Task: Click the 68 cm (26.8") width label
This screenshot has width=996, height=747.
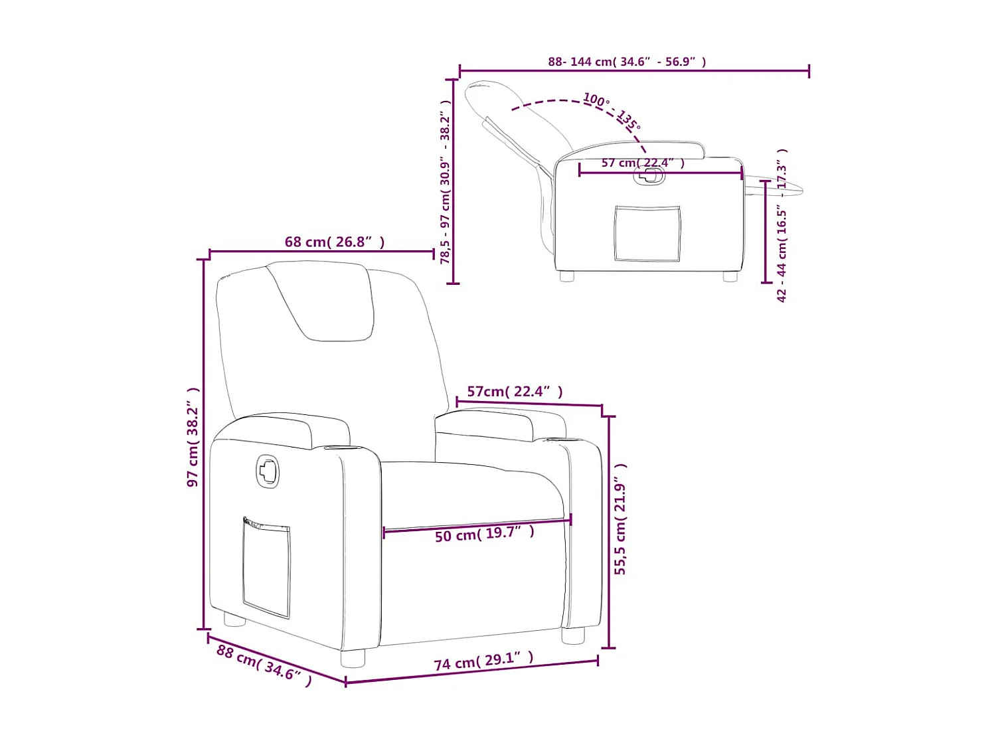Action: pyautogui.click(x=334, y=242)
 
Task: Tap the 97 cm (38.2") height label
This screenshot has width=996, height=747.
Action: pyautogui.click(x=193, y=438)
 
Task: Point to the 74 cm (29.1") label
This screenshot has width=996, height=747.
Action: pyautogui.click(x=483, y=661)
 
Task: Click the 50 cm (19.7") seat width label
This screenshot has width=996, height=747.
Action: pyautogui.click(x=484, y=533)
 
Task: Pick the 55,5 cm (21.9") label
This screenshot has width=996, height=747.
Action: pyautogui.click(x=620, y=519)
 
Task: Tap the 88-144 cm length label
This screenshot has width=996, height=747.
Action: pyautogui.click(x=627, y=62)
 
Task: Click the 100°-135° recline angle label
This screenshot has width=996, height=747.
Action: pyautogui.click(x=612, y=111)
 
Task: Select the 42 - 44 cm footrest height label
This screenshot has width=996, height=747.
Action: pyautogui.click(x=782, y=226)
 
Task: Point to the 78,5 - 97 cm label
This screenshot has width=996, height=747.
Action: pyautogui.click(x=446, y=182)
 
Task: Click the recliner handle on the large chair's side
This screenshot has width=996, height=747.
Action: pyautogui.click(x=268, y=471)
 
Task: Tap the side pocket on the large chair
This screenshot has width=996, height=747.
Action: pyautogui.click(x=266, y=568)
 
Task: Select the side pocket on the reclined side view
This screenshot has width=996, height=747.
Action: pyautogui.click(x=647, y=233)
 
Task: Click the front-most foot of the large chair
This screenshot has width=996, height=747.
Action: pyautogui.click(x=353, y=658)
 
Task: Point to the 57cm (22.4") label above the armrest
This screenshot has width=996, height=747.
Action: pyautogui.click(x=515, y=392)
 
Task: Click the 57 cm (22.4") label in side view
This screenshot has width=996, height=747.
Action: pyautogui.click(x=642, y=163)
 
